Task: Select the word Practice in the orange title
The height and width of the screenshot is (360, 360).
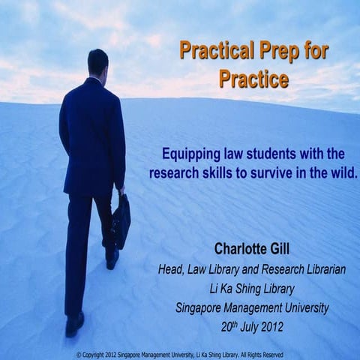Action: (253, 77)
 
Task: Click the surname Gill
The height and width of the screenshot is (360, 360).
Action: (288, 249)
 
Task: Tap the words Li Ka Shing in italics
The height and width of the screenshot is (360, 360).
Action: (232, 288)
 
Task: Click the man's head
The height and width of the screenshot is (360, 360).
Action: (97, 62)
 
